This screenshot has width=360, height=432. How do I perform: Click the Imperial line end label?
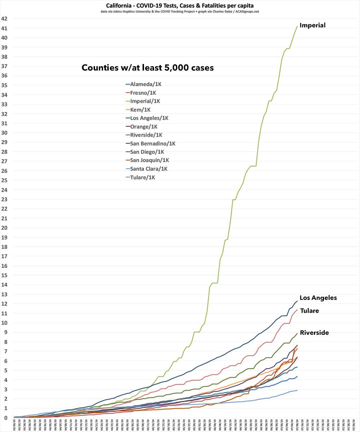point(312,25)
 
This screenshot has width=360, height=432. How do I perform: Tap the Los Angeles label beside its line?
point(318,298)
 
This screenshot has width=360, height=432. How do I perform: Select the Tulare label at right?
point(309,311)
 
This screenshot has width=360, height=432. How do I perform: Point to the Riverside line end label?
point(314,333)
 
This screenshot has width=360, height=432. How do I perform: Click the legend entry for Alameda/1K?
point(144,84)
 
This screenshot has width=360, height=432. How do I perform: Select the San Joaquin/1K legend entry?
point(150,160)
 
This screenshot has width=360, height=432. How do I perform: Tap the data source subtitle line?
point(180,12)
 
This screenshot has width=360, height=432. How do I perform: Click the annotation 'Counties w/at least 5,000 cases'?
point(148,68)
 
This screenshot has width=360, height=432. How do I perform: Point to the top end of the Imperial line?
point(297,26)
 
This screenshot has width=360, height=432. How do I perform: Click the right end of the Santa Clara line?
point(297,390)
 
